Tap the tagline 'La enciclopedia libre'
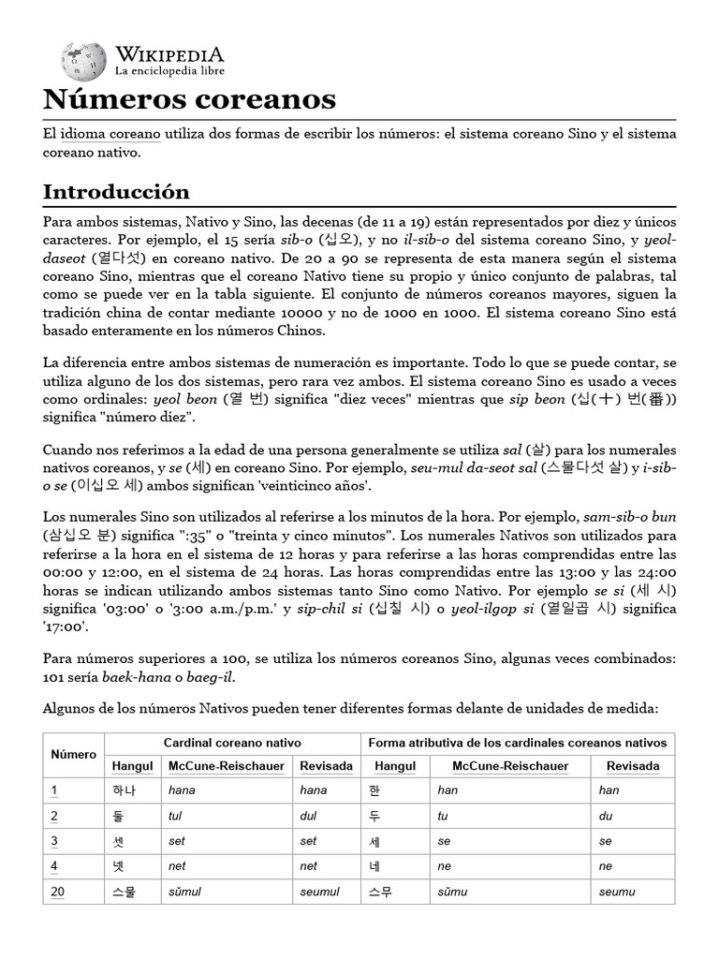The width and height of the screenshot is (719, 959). [x=169, y=70]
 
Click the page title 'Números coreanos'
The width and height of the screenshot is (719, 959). [x=190, y=98]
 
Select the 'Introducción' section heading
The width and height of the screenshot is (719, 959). [x=116, y=191]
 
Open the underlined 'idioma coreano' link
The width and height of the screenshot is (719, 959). [x=110, y=134]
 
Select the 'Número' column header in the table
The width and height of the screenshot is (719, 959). [x=74, y=754]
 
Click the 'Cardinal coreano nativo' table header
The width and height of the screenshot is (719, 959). [x=232, y=742]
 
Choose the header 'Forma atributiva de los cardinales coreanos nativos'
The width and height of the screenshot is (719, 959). [x=517, y=742]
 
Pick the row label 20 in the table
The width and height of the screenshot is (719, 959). [x=57, y=891]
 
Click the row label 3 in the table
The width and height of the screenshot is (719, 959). [x=54, y=840]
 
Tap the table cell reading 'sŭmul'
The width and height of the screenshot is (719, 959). [x=185, y=892]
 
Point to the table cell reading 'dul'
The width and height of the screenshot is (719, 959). [x=308, y=815]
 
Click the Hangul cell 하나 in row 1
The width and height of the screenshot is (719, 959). [x=124, y=789]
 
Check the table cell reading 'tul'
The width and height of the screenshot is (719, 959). [x=175, y=815]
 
